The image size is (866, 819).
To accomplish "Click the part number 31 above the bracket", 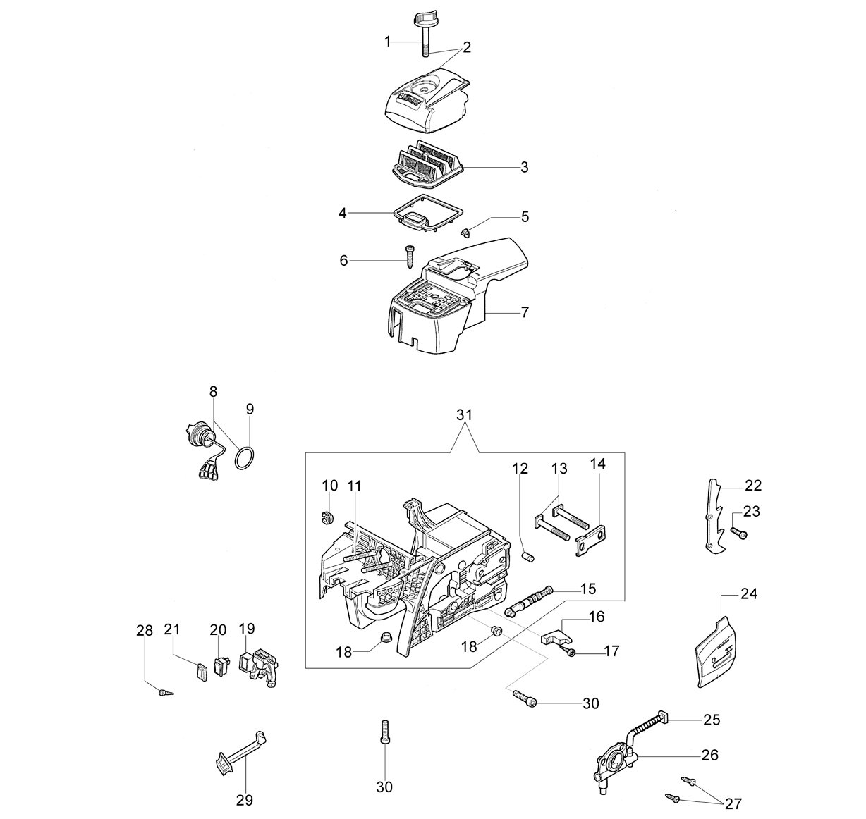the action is pos(464,414).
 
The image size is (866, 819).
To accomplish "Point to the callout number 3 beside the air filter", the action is pos(524,167).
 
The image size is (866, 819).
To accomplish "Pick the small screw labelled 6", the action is pos(409,258).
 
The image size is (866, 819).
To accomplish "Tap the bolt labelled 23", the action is pos(738,534).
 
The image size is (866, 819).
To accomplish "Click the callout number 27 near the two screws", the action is pos(733,803).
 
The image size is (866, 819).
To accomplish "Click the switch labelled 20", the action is pos(221,665).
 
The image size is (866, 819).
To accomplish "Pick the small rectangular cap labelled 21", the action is pos(202,672).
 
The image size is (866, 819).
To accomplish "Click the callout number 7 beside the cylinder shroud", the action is pos(524,313).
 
